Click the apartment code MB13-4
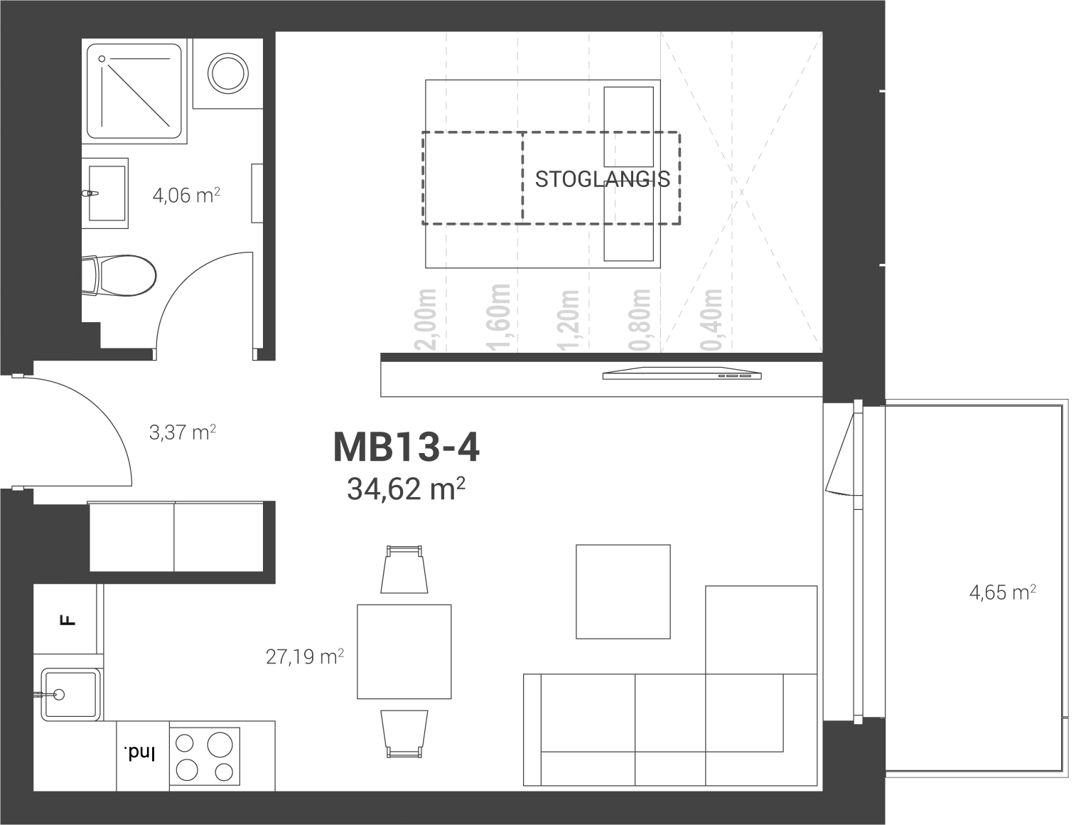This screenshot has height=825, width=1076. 406,447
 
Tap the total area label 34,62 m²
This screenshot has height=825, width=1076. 406,489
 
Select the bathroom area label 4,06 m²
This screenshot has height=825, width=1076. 186,195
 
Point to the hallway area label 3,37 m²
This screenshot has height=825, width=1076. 182,432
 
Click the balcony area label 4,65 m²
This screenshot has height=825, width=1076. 1002,592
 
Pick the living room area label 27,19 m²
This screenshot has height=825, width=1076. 304,656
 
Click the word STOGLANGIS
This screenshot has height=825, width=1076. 602,179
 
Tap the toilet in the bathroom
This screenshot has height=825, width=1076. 119,275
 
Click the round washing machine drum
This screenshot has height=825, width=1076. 227,73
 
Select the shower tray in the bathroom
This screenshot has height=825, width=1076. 134,91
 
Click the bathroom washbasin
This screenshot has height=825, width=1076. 105,193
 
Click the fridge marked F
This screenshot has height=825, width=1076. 65,619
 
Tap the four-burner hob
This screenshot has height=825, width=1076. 205,756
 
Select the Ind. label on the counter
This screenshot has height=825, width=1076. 139,754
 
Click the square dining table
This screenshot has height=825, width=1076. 404,651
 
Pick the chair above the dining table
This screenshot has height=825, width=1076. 404,570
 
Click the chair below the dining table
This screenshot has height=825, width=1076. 404,734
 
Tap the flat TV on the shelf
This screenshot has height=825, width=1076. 682,373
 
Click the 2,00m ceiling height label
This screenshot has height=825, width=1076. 426,320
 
